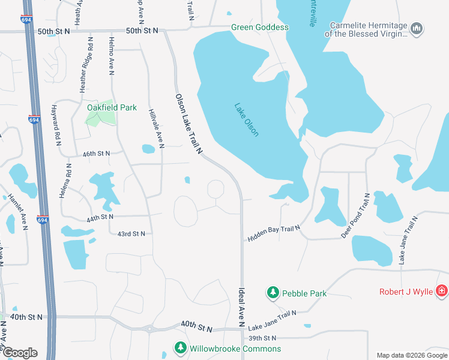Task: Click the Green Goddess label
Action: pos(260,27)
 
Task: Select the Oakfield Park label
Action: pos(112,108)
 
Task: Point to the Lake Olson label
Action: pos(247,119)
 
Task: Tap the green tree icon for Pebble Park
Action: pos(273,293)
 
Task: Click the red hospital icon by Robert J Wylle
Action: pos(442,292)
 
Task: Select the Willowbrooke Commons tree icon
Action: pos(180,348)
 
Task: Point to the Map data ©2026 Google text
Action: pos(411,355)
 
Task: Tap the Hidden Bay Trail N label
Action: pos(273,229)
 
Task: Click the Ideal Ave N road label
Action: pos(241,305)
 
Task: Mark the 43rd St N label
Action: pos(131,233)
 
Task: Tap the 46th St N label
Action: pos(96,154)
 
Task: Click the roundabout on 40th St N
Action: pos(149,328)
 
